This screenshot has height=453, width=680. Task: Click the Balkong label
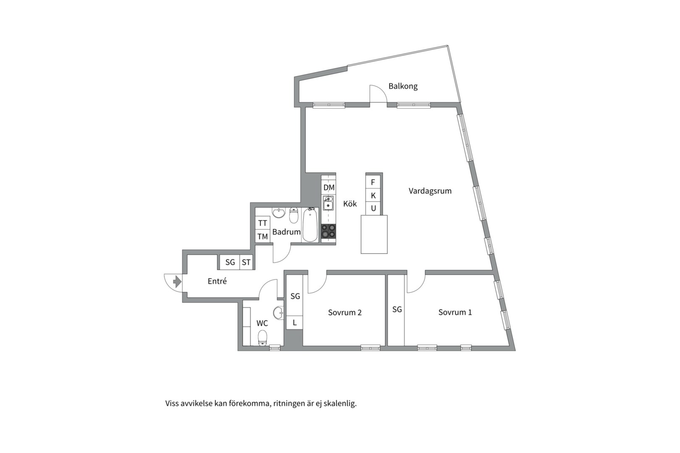pyautogui.click(x=403, y=86)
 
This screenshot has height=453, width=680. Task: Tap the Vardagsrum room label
pyautogui.click(x=430, y=191)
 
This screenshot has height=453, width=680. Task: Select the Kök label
pyautogui.click(x=350, y=203)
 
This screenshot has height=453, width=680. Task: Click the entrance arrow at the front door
pyautogui.click(x=177, y=282)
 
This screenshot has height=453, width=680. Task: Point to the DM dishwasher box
pyautogui.click(x=329, y=187)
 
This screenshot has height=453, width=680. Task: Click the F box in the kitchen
pyautogui.click(x=373, y=182)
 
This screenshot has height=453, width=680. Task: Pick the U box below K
pyautogui.click(x=373, y=208)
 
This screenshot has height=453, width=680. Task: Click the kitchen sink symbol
pyautogui.click(x=328, y=203)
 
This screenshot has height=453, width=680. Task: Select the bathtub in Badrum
pyautogui.click(x=310, y=225)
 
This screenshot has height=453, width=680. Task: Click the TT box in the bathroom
pyautogui.click(x=263, y=223)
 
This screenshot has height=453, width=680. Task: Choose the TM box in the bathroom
pyautogui.click(x=263, y=237)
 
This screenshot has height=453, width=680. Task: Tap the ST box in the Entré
pyautogui.click(x=246, y=262)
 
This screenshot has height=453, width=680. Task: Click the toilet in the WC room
pyautogui.click(x=262, y=338)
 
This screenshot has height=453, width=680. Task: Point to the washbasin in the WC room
pyautogui.click(x=278, y=313)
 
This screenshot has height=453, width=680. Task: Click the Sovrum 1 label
pyautogui.click(x=455, y=312)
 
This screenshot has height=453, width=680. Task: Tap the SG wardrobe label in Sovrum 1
pyautogui.click(x=397, y=310)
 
